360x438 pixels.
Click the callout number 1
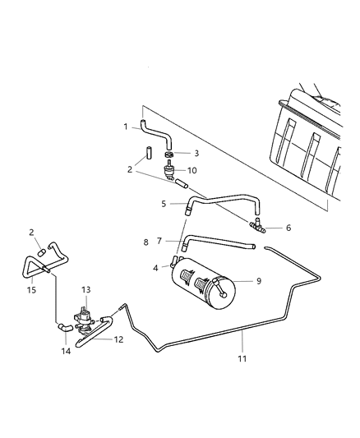point(126,127)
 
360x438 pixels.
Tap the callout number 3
point(196,153)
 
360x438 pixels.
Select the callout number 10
point(194,172)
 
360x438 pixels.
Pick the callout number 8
point(146,242)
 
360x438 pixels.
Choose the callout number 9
point(259,280)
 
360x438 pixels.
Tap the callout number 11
point(243,358)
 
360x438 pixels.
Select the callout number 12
point(118,339)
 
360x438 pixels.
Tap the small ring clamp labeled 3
point(168,154)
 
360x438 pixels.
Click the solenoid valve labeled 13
point(85,316)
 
